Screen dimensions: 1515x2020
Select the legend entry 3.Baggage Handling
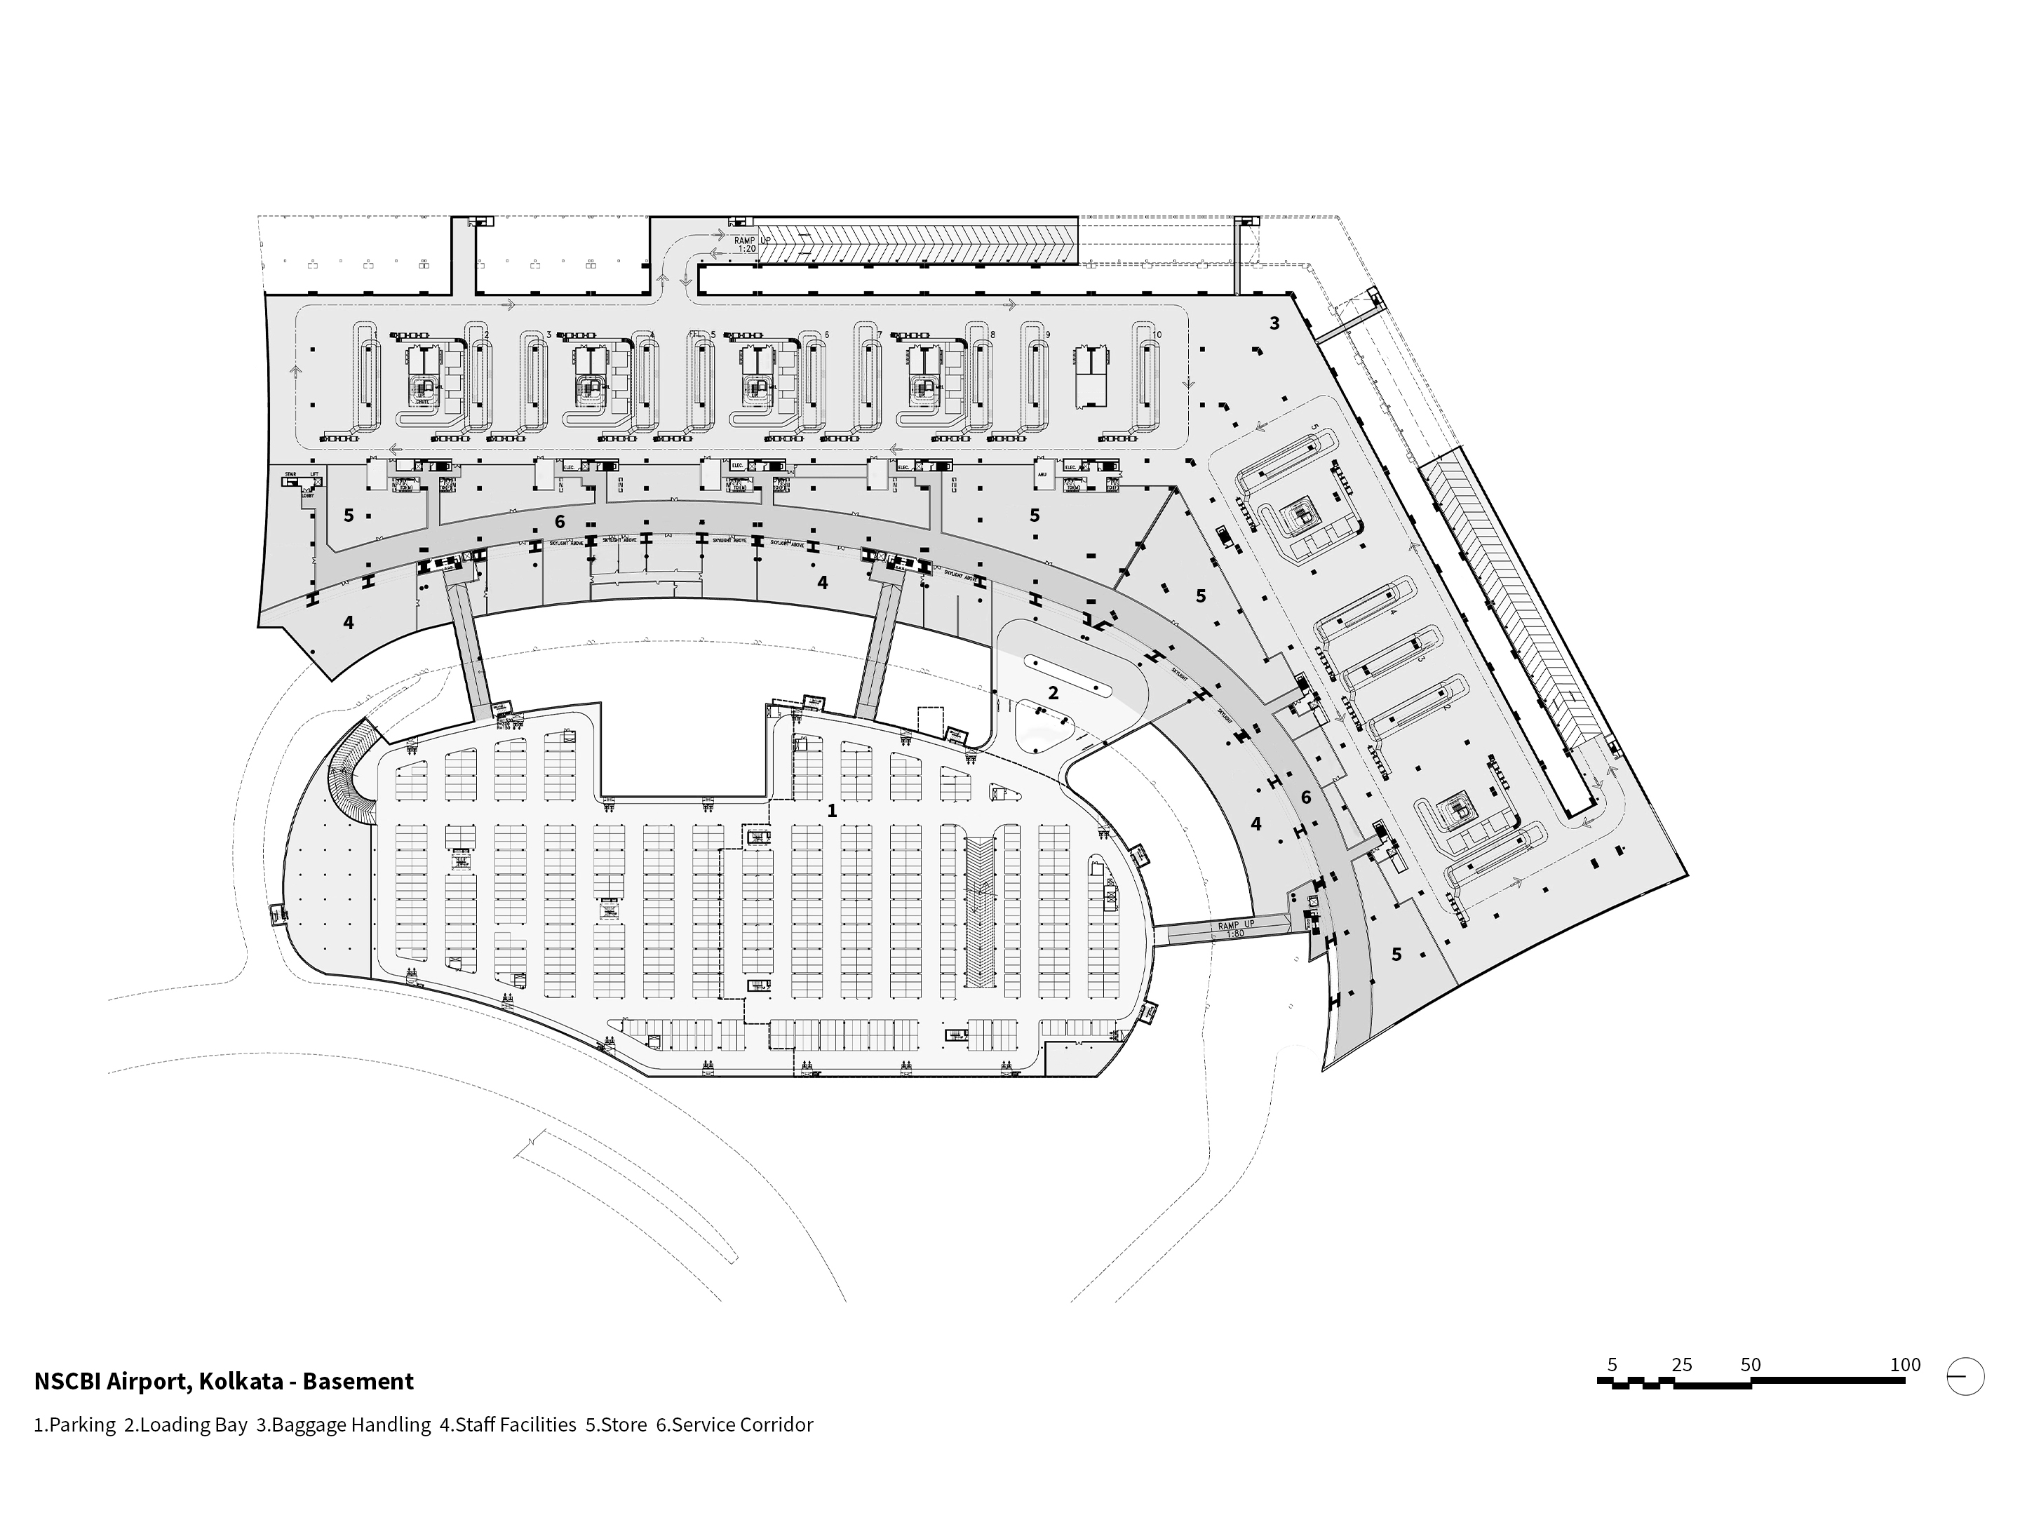coord(344,1425)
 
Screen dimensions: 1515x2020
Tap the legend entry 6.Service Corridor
coord(734,1425)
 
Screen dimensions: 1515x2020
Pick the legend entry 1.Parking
coord(75,1425)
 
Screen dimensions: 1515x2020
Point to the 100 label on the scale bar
coord(1905,1364)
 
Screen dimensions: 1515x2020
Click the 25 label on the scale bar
coord(1681,1364)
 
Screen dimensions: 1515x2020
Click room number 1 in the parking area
coord(831,810)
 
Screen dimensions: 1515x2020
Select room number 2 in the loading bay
coord(1052,693)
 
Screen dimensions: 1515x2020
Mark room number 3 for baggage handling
coord(1274,323)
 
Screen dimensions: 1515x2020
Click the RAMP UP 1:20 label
coord(745,244)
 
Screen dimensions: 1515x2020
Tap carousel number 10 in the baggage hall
coord(1157,335)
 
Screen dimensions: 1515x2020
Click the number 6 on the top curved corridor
coord(559,521)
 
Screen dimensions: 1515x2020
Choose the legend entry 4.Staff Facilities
coord(508,1425)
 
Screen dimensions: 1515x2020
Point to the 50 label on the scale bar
coord(1750,1364)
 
